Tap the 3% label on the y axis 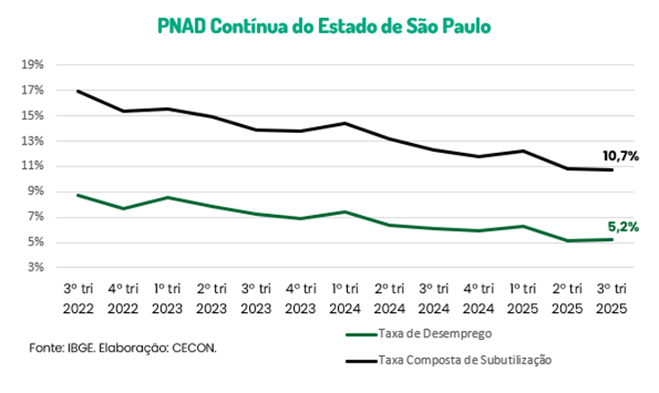click(x=34, y=267)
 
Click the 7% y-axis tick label click(x=34, y=217)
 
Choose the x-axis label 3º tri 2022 click(x=79, y=298)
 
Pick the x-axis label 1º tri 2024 click(x=347, y=298)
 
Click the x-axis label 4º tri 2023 click(x=302, y=298)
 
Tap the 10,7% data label click(x=620, y=156)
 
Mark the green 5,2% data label click(x=620, y=228)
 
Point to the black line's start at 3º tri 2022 click(x=79, y=91)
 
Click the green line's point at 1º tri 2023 click(x=168, y=198)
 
